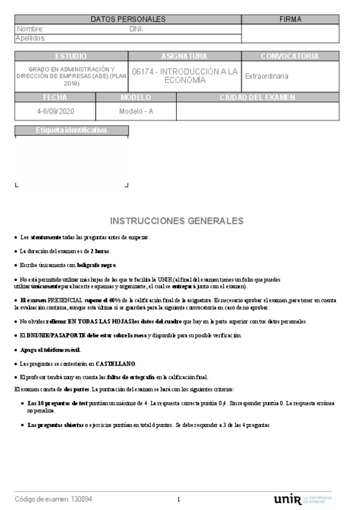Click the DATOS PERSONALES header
tap(128, 19)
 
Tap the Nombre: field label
tap(30, 29)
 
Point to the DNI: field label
tap(136, 29)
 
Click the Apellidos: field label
tap(31, 38)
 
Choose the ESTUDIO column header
tap(71, 56)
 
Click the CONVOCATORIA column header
tap(290, 56)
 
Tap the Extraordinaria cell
tap(267, 76)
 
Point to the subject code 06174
tap(142, 72)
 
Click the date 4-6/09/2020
tap(55, 111)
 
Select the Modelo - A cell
tap(136, 111)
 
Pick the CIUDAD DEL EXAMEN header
tap(257, 97)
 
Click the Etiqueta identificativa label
tap(72, 130)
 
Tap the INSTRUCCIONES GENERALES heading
tap(177, 220)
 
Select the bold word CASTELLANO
tap(116, 363)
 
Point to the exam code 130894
tap(82, 499)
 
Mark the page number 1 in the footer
tap(178, 500)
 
